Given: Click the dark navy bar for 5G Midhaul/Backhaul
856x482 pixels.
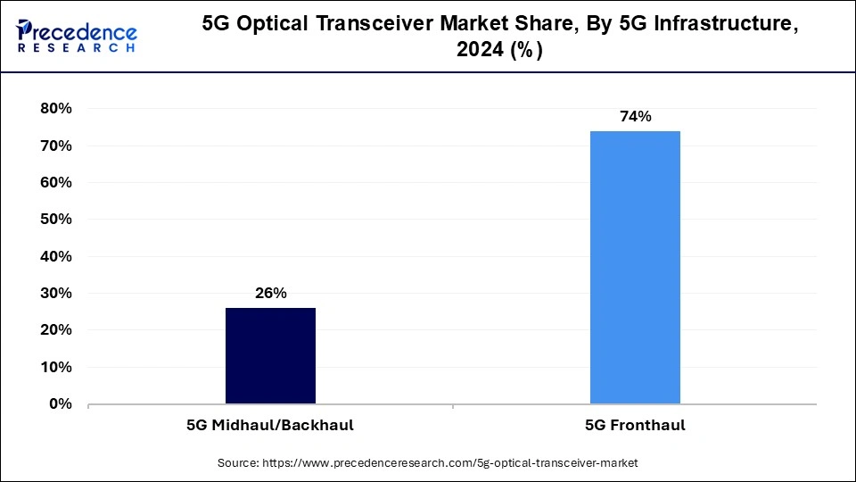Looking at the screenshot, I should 270,355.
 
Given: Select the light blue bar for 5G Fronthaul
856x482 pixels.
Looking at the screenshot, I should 635,267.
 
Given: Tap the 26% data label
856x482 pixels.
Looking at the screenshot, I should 270,294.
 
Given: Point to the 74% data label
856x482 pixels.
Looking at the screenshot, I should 635,117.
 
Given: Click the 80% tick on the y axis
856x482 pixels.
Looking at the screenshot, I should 55,109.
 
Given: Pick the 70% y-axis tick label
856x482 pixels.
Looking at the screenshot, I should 55,145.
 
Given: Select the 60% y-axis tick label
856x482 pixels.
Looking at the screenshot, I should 55,183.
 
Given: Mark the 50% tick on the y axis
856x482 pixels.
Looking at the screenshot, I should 55,220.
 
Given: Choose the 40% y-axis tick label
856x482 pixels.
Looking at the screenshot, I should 55,257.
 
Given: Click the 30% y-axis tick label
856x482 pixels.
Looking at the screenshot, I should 55,294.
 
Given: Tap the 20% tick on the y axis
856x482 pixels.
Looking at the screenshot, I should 55,330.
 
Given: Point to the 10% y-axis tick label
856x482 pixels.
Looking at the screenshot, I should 55,368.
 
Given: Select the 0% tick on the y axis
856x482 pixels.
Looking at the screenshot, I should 60,404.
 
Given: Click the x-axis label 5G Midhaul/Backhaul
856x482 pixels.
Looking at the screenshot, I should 270,426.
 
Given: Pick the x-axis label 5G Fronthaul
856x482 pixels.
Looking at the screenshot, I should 635,426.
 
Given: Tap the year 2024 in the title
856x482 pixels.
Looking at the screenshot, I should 481,52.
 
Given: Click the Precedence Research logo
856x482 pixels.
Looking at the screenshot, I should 77,36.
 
